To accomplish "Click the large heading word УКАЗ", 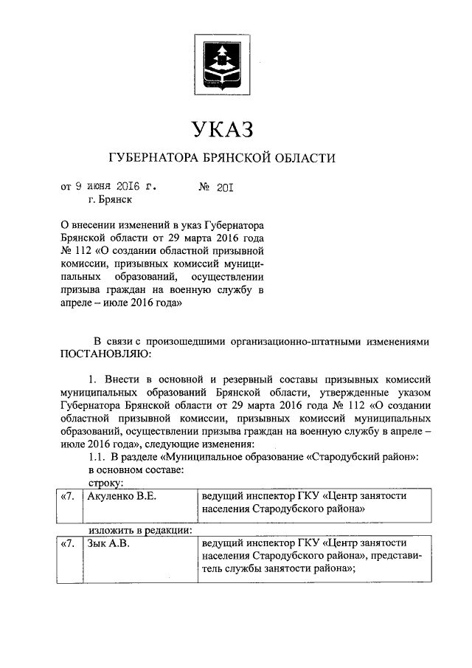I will click(222, 130).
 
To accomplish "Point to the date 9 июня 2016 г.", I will click(114, 187).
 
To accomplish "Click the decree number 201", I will click(224, 187).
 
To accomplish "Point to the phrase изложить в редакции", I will click(139, 529).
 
